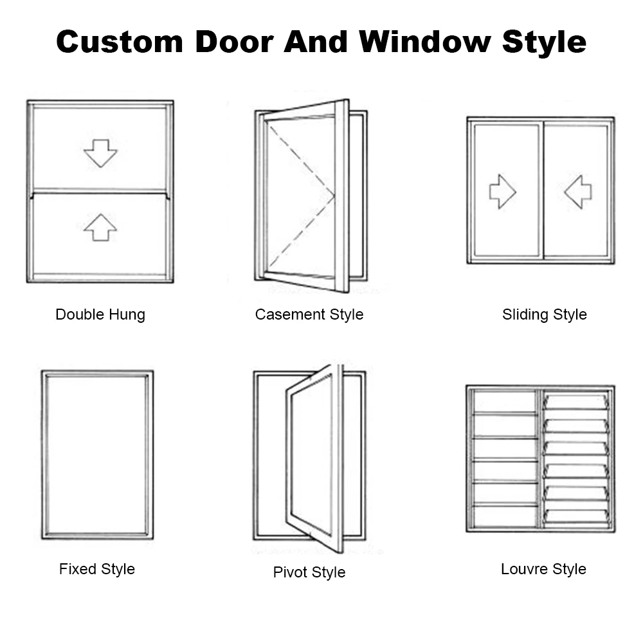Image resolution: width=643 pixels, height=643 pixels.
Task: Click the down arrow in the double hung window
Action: (x=100, y=153)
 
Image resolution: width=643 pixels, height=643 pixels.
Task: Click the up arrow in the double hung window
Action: (x=100, y=228)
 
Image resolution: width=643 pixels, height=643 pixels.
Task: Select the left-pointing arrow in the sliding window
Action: (x=578, y=192)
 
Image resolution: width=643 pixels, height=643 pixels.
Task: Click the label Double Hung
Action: (x=100, y=314)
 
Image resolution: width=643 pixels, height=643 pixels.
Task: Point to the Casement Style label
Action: (x=309, y=314)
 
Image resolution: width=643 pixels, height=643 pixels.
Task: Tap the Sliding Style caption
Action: (x=544, y=314)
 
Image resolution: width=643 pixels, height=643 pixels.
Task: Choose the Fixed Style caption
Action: (x=97, y=569)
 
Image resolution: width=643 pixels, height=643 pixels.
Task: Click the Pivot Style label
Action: (x=309, y=572)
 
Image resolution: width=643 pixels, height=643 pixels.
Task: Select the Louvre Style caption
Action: (x=543, y=569)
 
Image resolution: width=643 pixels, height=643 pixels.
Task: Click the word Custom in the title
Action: (x=119, y=42)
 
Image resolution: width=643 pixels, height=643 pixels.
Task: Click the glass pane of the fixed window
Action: (x=97, y=454)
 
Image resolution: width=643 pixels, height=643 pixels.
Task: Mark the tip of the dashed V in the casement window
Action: (x=334, y=196)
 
